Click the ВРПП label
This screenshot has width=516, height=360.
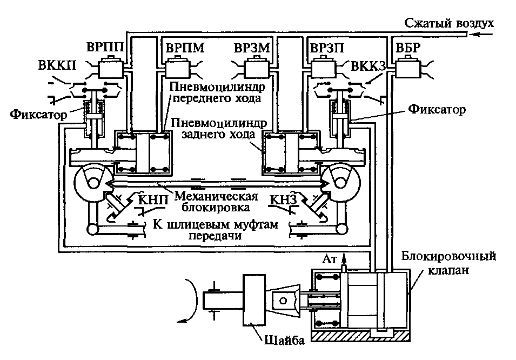(105, 47)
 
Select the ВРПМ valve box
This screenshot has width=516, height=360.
(177, 68)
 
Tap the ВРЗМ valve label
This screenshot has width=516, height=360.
(252, 48)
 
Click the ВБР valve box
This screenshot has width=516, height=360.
(408, 68)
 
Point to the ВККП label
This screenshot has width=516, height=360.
(57, 65)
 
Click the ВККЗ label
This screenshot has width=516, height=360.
(368, 66)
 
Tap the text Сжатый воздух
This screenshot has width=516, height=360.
(449, 23)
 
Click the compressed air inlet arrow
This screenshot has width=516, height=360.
(483, 34)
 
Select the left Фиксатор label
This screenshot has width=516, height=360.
(38, 114)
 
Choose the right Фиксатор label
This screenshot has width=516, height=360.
(437, 109)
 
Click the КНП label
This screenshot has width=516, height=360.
(153, 199)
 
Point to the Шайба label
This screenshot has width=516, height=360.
(285, 341)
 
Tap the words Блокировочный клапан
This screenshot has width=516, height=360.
(448, 263)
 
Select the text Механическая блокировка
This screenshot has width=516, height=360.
(216, 201)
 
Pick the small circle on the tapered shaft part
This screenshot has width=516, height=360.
(283, 301)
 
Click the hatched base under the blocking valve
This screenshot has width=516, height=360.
(360, 336)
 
